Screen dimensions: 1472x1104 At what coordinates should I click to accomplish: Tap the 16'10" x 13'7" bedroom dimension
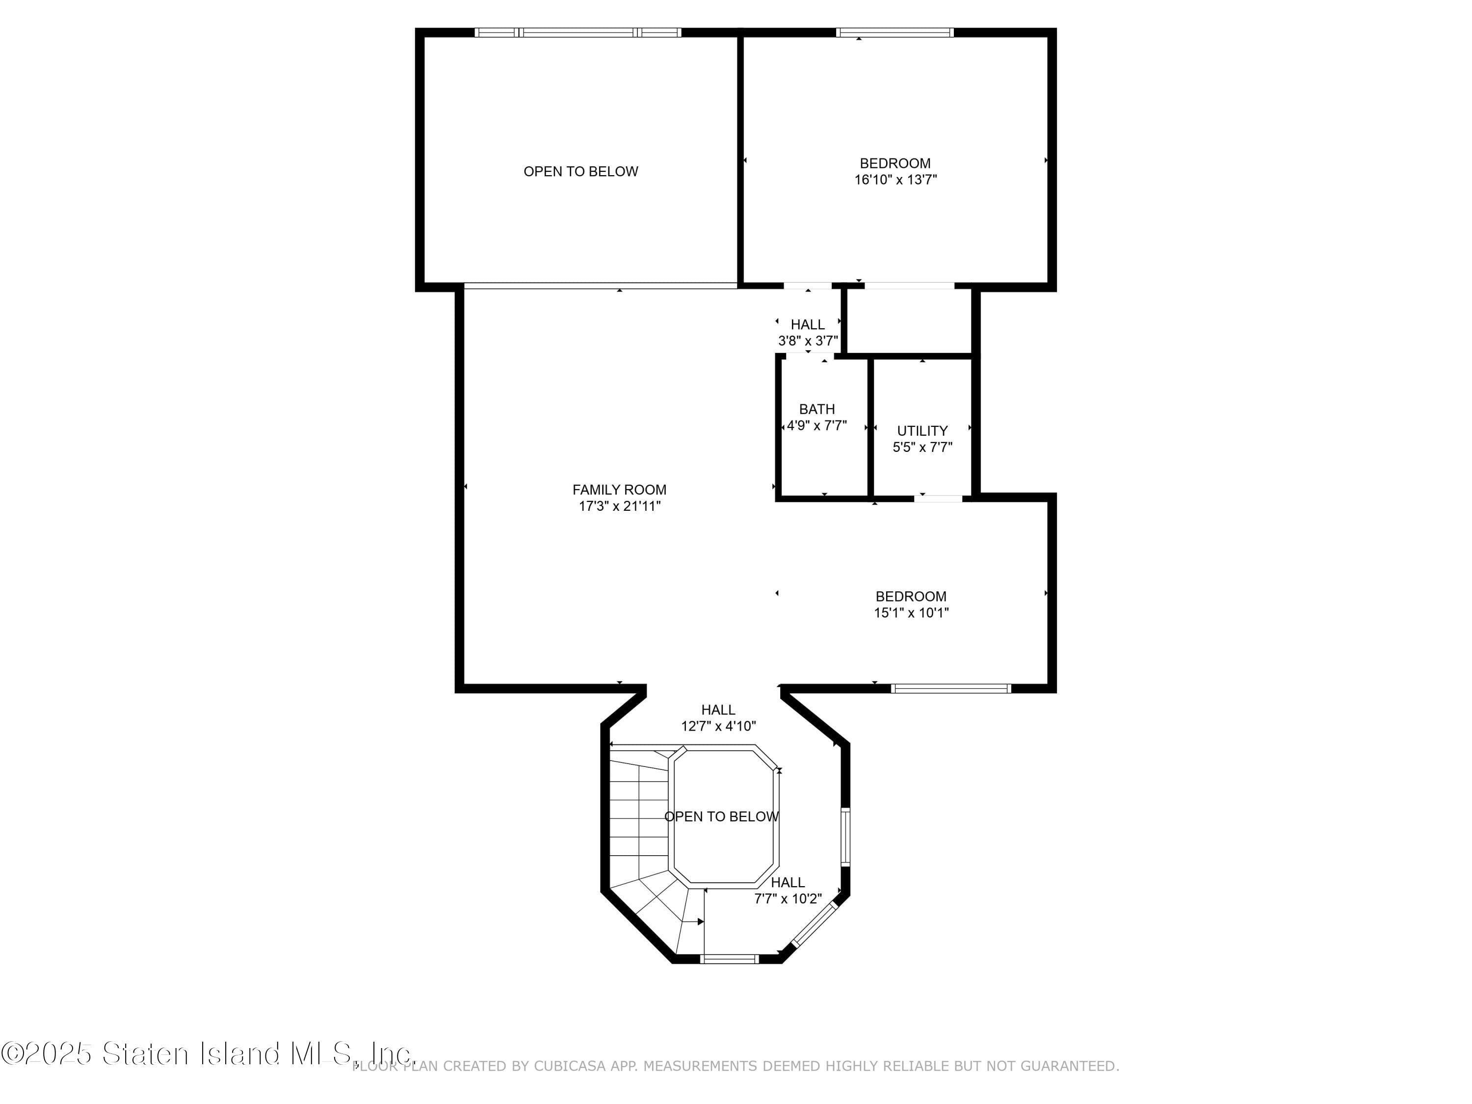[x=895, y=180]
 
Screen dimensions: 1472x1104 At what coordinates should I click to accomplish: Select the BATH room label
[x=816, y=409]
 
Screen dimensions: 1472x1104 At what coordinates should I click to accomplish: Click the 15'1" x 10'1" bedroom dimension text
[x=911, y=613]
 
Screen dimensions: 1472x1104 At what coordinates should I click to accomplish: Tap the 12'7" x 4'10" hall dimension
[x=719, y=726]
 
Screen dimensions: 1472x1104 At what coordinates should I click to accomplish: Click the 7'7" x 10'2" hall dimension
[x=788, y=899]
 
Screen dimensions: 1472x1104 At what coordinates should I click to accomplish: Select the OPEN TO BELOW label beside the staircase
[x=721, y=816]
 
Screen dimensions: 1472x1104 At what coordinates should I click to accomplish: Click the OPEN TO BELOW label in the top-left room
[x=581, y=172]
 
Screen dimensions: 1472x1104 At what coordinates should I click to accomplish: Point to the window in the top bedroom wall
[x=895, y=32]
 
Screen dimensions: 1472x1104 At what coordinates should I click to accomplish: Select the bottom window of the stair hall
[x=729, y=959]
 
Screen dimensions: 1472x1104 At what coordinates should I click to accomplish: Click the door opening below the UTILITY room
[x=938, y=498]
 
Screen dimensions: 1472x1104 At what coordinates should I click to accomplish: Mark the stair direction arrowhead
[x=701, y=921]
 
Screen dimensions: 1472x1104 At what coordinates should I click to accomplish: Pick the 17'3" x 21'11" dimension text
[x=620, y=506]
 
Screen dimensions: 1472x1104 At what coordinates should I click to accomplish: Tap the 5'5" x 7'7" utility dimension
[x=922, y=447]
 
